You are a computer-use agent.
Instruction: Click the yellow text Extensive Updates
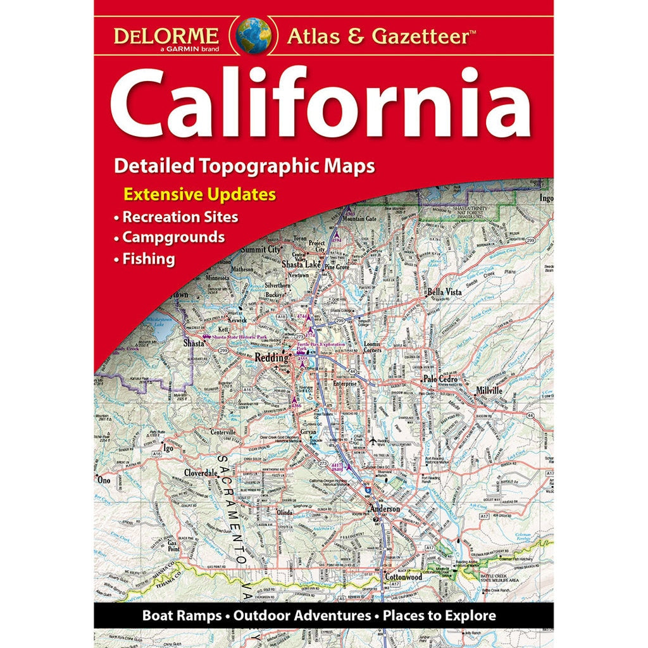pyautogui.click(x=200, y=194)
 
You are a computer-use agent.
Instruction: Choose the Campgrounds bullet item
pyautogui.click(x=173, y=237)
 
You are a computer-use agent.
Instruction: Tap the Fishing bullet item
pyautogui.click(x=148, y=258)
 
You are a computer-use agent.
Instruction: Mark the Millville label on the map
pyautogui.click(x=485, y=390)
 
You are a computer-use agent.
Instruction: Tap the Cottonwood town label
pyautogui.click(x=402, y=576)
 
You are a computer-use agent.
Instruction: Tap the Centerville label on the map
pyautogui.click(x=218, y=432)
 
